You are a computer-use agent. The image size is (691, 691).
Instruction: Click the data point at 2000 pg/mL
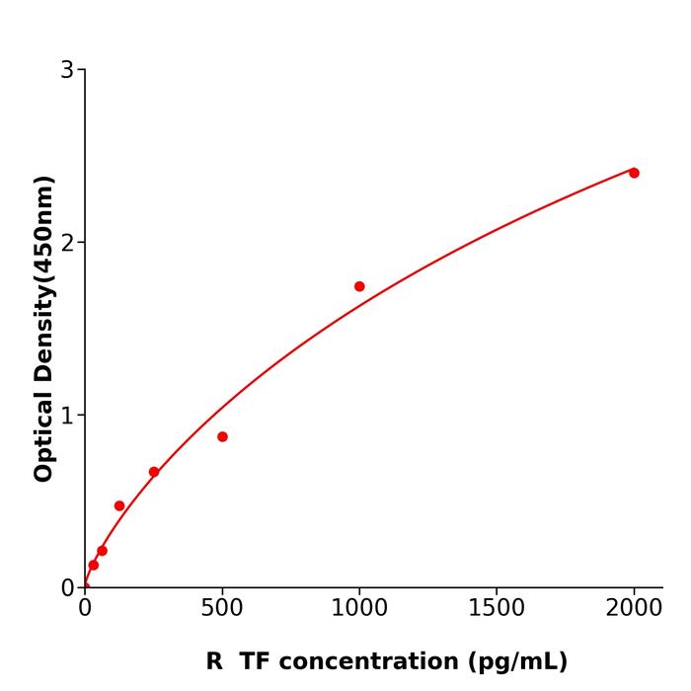(634, 173)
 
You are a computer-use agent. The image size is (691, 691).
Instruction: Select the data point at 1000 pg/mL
(359, 286)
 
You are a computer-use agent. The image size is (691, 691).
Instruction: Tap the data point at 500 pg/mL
(222, 436)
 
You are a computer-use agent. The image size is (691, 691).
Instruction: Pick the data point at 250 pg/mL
(154, 472)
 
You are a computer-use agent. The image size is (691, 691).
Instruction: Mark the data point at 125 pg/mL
(119, 505)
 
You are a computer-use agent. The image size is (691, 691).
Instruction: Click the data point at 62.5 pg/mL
(102, 551)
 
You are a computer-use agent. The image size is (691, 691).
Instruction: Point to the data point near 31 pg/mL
(94, 566)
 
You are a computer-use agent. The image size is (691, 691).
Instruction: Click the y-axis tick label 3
(67, 70)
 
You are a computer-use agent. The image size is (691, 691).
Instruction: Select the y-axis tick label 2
(67, 243)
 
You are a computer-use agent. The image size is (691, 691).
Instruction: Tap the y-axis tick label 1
(67, 416)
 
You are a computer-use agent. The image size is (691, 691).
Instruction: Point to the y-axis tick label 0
(67, 588)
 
